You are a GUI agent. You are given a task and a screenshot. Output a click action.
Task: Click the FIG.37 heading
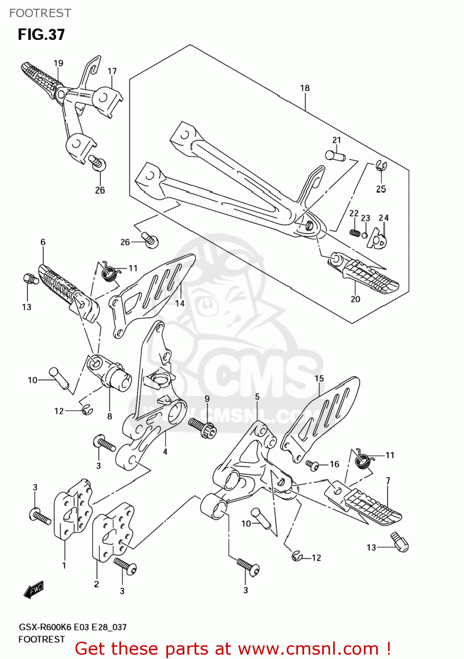click(41, 35)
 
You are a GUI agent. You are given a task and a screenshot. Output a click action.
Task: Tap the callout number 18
click(305, 88)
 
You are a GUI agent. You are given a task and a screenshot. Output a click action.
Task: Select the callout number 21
click(336, 140)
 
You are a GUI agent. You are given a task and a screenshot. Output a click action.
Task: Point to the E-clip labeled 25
click(381, 166)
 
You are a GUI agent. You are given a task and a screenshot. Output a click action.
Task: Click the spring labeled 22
click(355, 232)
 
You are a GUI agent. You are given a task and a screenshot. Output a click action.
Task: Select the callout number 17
click(112, 71)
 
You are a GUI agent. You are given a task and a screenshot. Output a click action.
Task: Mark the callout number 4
click(165, 451)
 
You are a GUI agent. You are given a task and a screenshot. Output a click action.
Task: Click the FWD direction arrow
click(34, 590)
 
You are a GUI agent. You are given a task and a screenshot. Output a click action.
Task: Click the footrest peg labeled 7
click(369, 505)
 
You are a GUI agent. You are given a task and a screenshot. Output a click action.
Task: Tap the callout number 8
click(109, 416)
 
